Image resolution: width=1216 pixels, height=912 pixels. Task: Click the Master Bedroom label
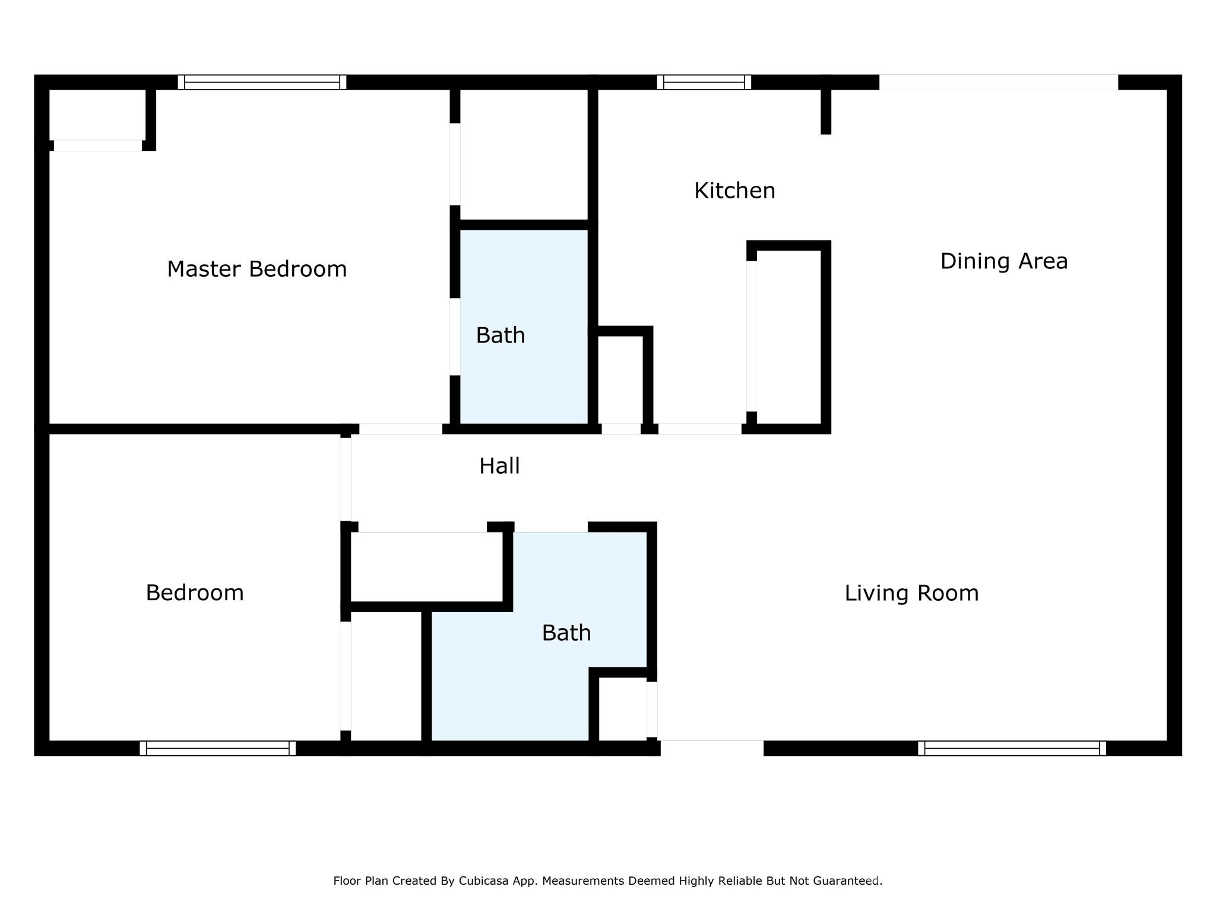(256, 269)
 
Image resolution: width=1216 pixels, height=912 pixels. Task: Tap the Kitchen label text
(734, 191)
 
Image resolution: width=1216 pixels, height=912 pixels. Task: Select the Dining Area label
(1003, 261)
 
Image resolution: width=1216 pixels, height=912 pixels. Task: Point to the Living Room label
(911, 593)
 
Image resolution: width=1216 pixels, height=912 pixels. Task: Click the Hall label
(499, 466)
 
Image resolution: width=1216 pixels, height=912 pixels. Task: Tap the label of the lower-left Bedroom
(195, 593)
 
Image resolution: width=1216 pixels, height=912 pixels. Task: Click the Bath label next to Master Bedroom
(500, 335)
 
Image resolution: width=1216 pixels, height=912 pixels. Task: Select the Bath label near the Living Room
(566, 633)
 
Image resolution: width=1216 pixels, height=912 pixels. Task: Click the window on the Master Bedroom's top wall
(262, 82)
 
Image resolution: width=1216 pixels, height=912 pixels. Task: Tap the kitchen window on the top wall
(704, 82)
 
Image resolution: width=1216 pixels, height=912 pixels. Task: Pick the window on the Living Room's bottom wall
(1012, 748)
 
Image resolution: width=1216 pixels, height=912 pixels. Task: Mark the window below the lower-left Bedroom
(217, 748)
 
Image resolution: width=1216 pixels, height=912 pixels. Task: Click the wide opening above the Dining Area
(998, 82)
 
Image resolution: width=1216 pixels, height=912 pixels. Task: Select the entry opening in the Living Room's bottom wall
(711, 748)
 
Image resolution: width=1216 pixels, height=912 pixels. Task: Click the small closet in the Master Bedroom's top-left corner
(97, 114)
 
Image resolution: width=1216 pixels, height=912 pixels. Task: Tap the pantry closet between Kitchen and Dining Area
(789, 337)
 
